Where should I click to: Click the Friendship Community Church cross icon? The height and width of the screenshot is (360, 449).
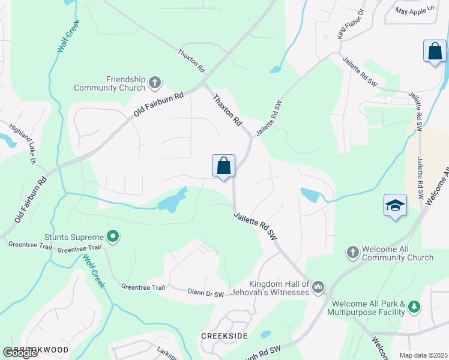[155, 82]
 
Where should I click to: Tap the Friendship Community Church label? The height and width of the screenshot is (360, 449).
[109, 83]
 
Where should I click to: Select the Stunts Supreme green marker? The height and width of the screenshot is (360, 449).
[112, 237]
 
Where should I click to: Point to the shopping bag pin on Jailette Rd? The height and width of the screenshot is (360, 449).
[223, 166]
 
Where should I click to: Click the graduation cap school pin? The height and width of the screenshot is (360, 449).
[395, 206]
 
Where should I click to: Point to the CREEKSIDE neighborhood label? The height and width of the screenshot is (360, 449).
[224, 336]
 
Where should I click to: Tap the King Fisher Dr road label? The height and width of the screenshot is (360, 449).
[351, 24]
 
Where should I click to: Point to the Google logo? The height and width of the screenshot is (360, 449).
[20, 353]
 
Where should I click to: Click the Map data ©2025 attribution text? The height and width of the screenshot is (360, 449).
[419, 355]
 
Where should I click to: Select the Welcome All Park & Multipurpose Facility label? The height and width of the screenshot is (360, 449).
[368, 308]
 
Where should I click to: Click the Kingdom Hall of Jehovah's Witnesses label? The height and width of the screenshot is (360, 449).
[280, 289]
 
